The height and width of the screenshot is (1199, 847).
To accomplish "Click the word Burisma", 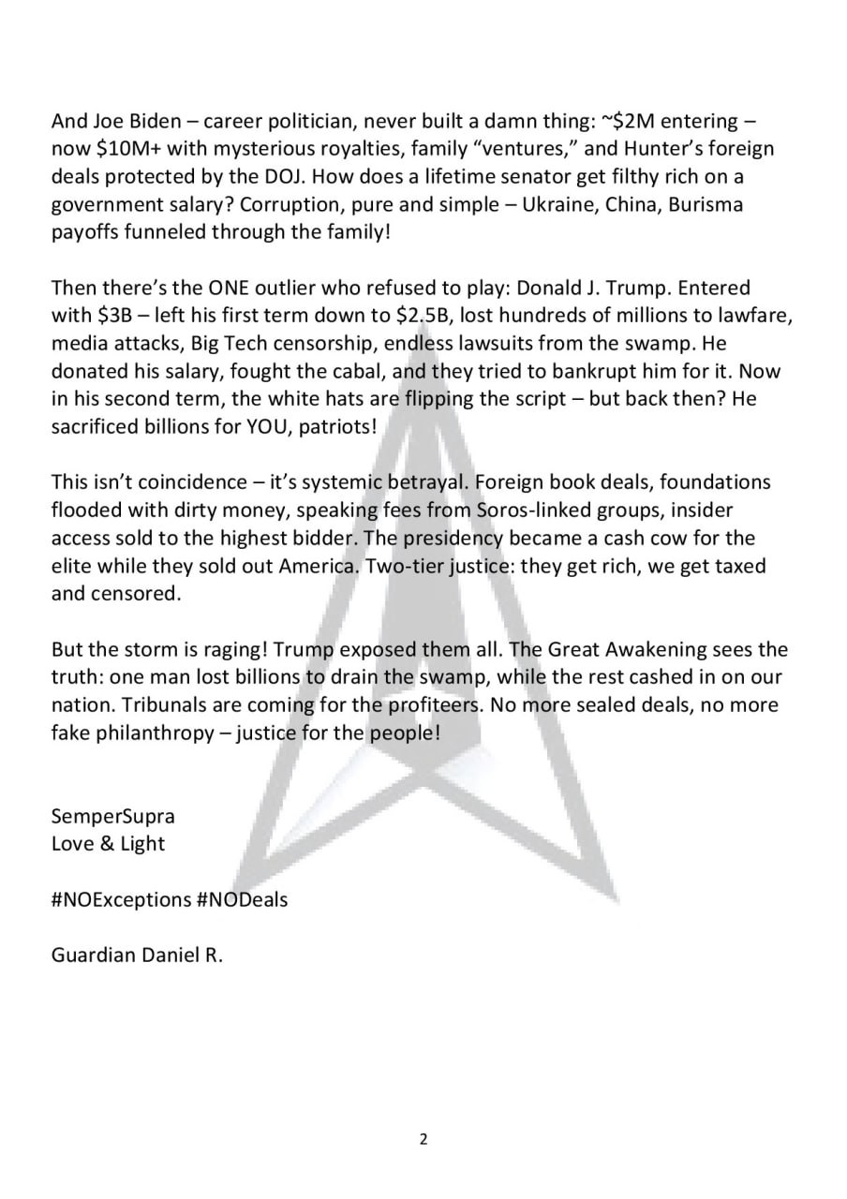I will [x=705, y=205].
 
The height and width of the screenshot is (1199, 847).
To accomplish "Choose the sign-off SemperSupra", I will [x=112, y=816].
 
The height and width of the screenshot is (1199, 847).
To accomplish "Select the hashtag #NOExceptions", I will [x=121, y=899].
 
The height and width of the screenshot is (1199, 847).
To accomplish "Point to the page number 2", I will [x=423, y=1140].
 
